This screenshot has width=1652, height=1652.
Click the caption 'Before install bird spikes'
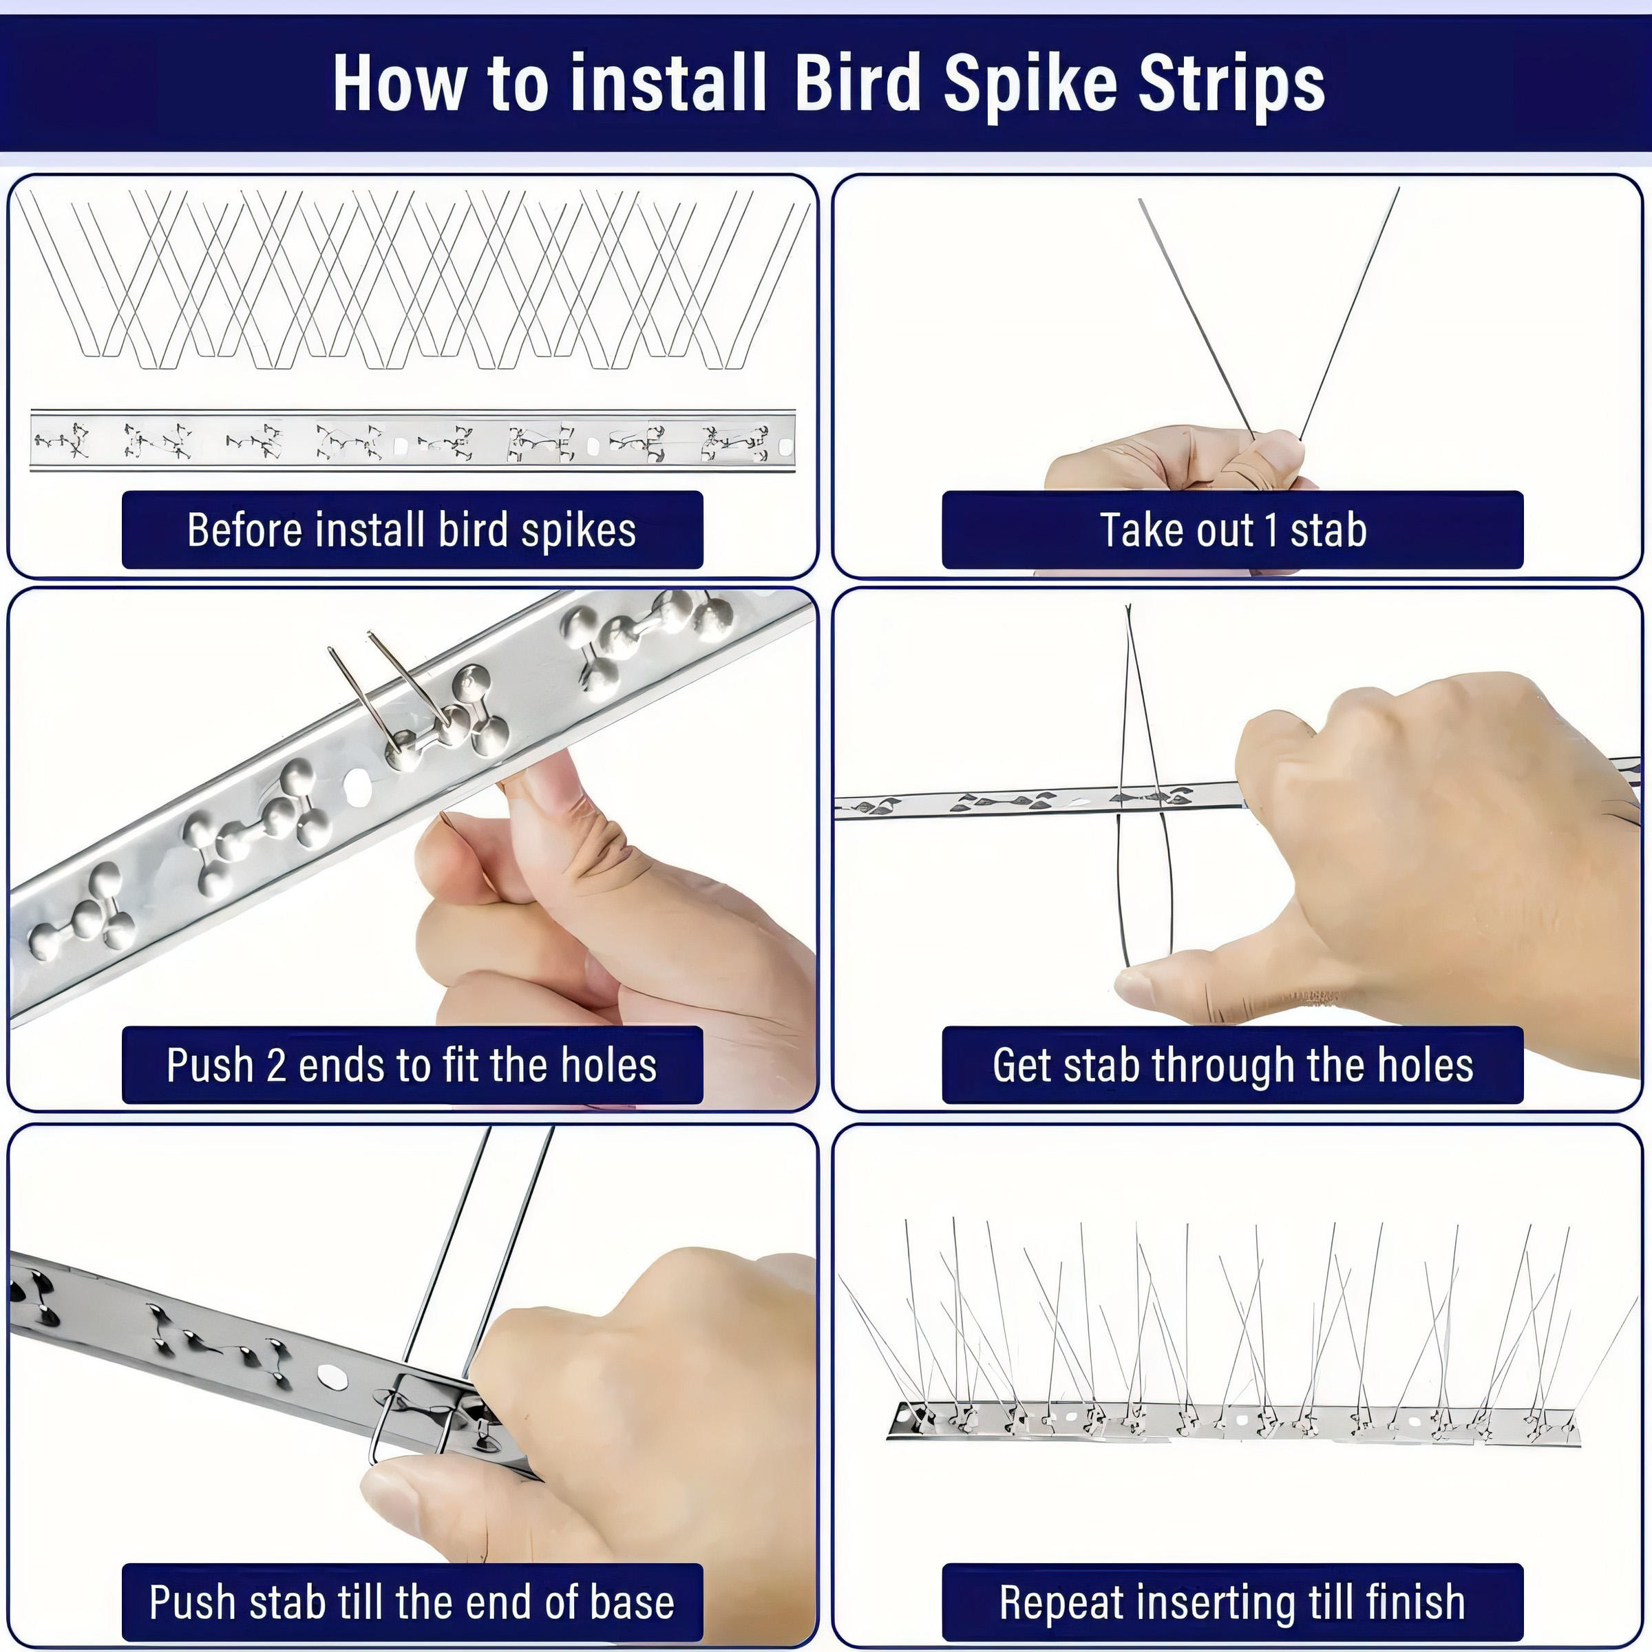pos(412,530)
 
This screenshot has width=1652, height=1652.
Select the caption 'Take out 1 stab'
pos(1233,530)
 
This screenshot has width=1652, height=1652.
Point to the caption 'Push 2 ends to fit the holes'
pos(412,1066)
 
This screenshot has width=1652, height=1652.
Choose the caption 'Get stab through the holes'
pos(1233,1066)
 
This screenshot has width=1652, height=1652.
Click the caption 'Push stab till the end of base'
pos(412,1602)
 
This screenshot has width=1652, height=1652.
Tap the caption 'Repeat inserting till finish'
pos(1233,1602)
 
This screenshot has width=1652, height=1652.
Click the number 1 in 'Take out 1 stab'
pos(1271,530)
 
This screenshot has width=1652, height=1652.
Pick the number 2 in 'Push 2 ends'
pos(276,1066)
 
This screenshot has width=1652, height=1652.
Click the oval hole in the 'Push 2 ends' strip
pos(357,783)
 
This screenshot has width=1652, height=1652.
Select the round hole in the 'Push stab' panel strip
pos(331,1376)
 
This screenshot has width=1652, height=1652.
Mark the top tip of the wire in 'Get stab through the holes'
pos(1128,606)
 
